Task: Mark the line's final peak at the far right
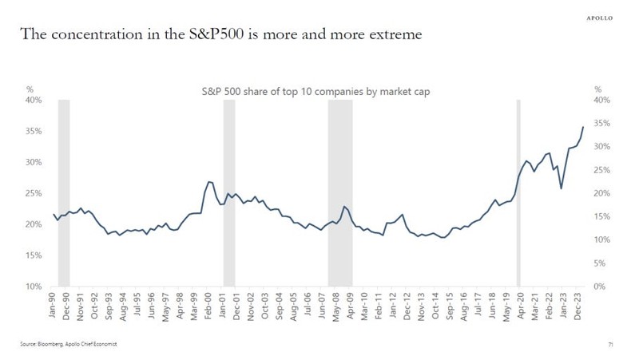pos(583,127)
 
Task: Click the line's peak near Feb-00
pos(208,182)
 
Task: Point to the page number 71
pos(611,344)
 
